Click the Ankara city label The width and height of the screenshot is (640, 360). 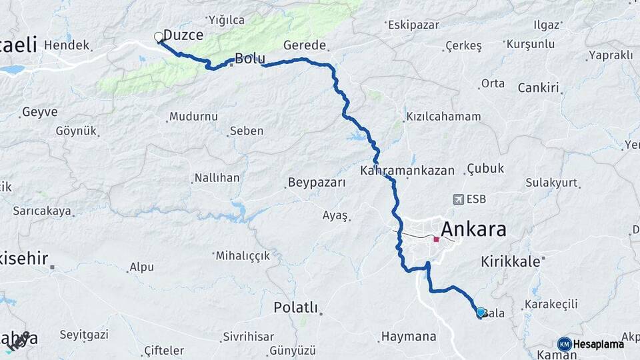coord(473,230)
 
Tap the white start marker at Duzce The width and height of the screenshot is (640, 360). coord(159,37)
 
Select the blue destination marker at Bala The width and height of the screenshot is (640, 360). coord(481,311)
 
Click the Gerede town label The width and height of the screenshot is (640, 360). coord(305,46)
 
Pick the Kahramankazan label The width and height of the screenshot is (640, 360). coord(407,171)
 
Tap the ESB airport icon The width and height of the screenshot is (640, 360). coord(459,199)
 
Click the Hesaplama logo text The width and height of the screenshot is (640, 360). coord(599,344)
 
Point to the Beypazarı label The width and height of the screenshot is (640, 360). coord(317,182)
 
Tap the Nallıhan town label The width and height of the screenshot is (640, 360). coord(216,178)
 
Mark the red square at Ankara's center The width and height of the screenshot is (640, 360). coord(436,239)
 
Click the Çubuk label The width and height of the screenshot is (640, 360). coord(485,168)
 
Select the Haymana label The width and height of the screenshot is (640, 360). coord(409,336)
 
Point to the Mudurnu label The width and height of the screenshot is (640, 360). coord(193,116)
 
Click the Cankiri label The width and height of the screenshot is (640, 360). coord(538,87)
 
